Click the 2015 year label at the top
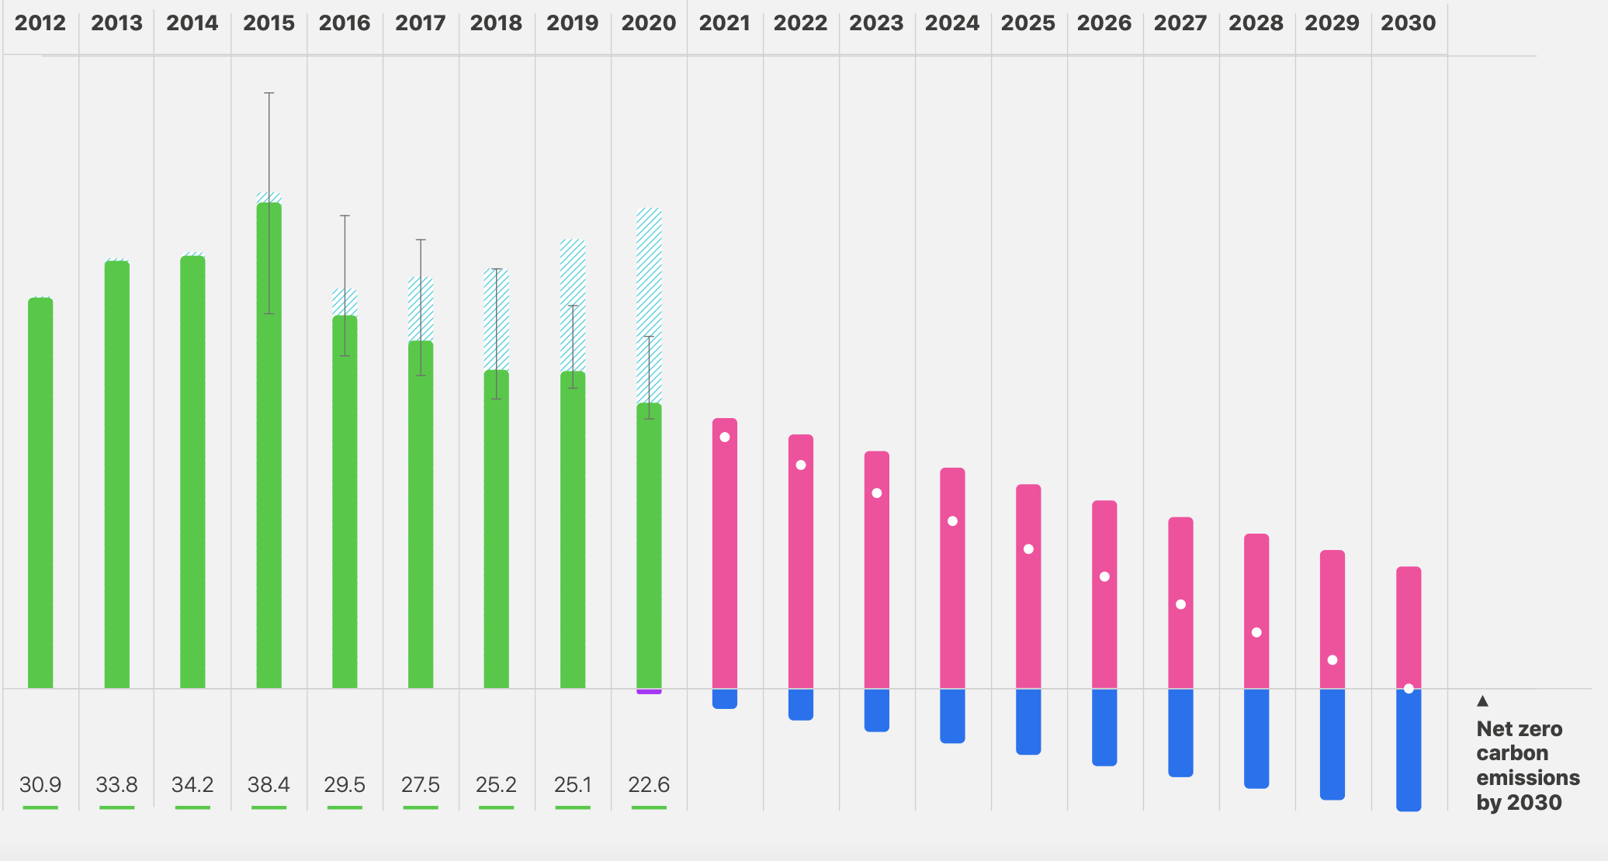tap(269, 23)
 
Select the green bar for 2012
tap(40, 496)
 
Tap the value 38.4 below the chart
tap(269, 785)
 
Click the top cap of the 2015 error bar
tap(269, 93)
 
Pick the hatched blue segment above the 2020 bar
tap(649, 271)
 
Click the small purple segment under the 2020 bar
tap(649, 691)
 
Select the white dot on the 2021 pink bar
tap(725, 437)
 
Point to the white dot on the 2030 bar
tap(1409, 689)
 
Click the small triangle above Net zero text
tap(1482, 701)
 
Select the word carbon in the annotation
tap(1512, 753)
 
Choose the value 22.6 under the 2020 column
tap(649, 785)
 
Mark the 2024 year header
tap(952, 23)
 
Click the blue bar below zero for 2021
tap(725, 698)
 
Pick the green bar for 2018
tap(497, 535)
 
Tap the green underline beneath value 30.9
tap(40, 807)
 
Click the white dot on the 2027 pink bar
tap(1180, 604)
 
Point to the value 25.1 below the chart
tap(573, 785)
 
